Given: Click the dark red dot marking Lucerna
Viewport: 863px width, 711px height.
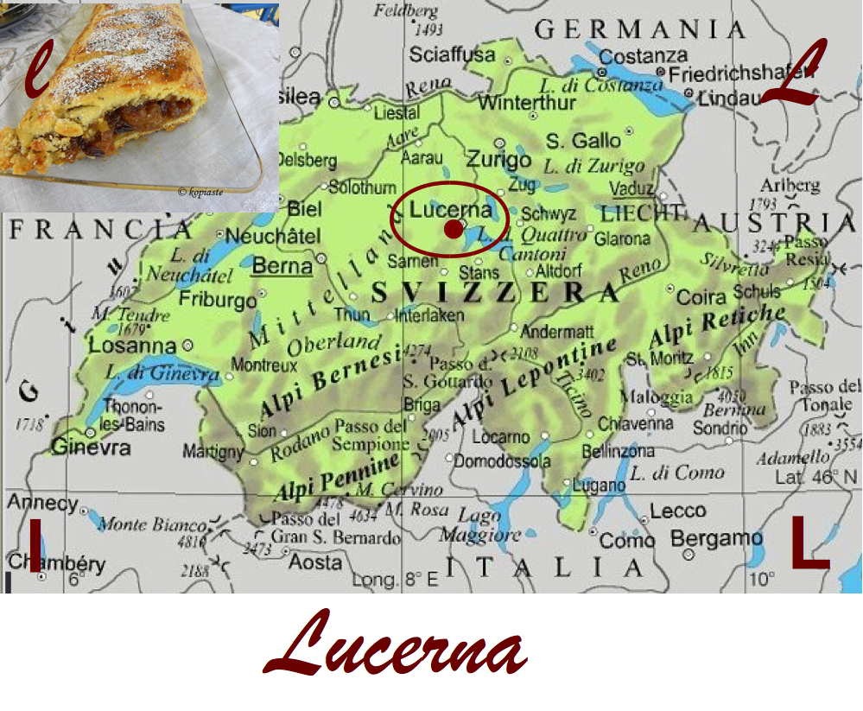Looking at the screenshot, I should click(453, 229).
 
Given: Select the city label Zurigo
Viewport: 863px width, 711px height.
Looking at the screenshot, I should click(498, 160).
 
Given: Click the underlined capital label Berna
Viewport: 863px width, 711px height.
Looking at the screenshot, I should click(282, 266).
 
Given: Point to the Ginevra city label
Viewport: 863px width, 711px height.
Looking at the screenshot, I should click(91, 448).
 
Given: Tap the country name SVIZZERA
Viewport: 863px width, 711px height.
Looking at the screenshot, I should click(496, 293).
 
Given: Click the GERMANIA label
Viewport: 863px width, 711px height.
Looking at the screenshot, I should click(640, 29).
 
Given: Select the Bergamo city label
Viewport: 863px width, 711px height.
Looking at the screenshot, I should click(716, 538).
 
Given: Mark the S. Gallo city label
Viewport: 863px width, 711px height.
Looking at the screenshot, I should click(583, 140).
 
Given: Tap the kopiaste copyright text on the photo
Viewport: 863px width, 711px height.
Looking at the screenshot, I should click(200, 192).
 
